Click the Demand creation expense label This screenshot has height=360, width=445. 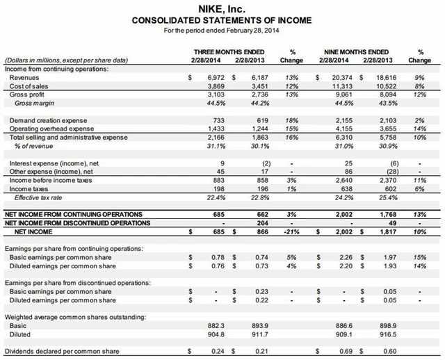tap(43, 120)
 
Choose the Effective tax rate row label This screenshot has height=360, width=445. tap(40, 196)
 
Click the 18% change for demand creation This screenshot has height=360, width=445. tap(296, 120)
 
